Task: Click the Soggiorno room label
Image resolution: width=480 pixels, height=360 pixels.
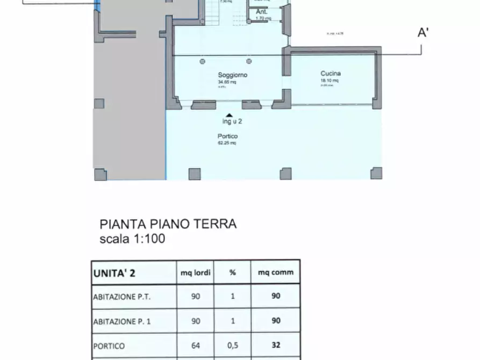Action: point(233,75)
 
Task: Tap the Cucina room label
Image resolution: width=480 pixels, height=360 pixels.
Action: point(331,74)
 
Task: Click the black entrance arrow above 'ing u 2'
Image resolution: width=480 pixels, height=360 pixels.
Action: point(229,115)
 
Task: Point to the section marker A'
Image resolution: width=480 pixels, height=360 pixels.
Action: point(423,33)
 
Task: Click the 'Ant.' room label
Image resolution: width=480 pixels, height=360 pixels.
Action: point(262,11)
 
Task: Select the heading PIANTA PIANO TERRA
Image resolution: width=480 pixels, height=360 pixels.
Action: point(168,224)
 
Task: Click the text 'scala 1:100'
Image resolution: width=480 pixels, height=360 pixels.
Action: point(132,239)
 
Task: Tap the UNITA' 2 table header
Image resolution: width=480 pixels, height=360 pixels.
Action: point(114,272)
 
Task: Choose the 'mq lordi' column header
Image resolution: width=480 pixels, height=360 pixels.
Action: point(196,272)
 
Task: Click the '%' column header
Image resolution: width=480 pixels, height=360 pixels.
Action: point(233,272)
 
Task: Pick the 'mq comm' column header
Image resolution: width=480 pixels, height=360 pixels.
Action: point(276,272)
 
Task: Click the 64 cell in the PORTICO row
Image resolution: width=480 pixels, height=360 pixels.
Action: point(196,346)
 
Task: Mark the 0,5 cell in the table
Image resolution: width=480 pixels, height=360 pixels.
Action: point(233,346)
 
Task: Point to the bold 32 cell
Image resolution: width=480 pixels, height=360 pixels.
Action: point(276,346)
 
